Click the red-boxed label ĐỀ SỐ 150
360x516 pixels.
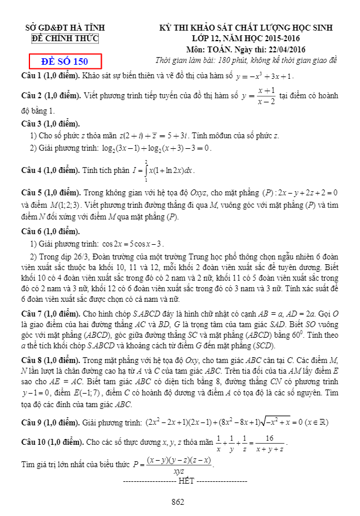(65, 61)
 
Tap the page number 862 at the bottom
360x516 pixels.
(178, 502)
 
